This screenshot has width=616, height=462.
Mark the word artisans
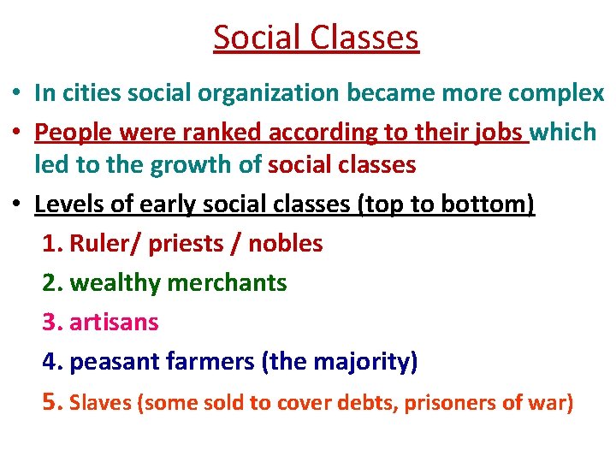pyautogui.click(x=114, y=323)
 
